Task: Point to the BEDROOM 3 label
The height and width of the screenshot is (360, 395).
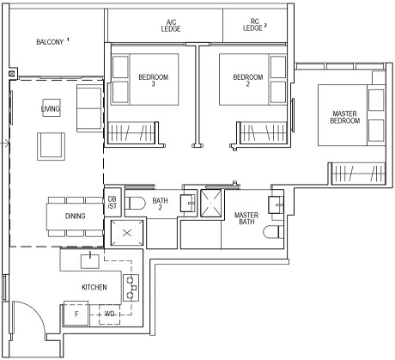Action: click(148, 80)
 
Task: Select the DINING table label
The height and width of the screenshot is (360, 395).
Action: click(75, 216)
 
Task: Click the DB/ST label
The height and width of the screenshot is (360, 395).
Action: click(112, 204)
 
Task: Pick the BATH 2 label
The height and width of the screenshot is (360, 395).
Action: click(160, 204)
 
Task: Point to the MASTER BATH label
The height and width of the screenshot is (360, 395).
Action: click(246, 218)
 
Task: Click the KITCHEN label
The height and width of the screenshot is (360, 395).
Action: click(94, 287)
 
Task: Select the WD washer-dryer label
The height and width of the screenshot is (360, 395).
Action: click(109, 315)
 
